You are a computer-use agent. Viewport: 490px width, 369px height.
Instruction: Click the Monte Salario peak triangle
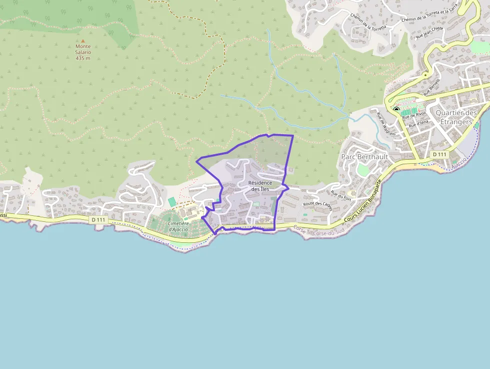click(x=83, y=42)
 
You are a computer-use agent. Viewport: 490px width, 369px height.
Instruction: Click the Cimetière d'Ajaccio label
click(x=178, y=226)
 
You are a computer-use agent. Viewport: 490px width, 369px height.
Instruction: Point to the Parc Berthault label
click(x=364, y=157)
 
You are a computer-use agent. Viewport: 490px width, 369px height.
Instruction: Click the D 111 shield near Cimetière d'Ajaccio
click(x=99, y=220)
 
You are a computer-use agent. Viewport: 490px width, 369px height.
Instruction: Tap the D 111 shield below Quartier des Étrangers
click(x=439, y=154)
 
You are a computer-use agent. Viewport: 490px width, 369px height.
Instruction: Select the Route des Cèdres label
click(x=317, y=207)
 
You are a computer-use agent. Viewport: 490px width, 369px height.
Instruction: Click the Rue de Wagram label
click(x=385, y=124)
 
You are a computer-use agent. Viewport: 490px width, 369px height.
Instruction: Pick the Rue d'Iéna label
click(x=418, y=124)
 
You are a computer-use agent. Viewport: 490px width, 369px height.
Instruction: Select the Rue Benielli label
click(x=431, y=87)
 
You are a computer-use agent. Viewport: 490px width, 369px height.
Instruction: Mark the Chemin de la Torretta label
click(x=369, y=23)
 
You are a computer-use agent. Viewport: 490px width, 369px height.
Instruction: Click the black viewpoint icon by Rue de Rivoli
click(x=396, y=109)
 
